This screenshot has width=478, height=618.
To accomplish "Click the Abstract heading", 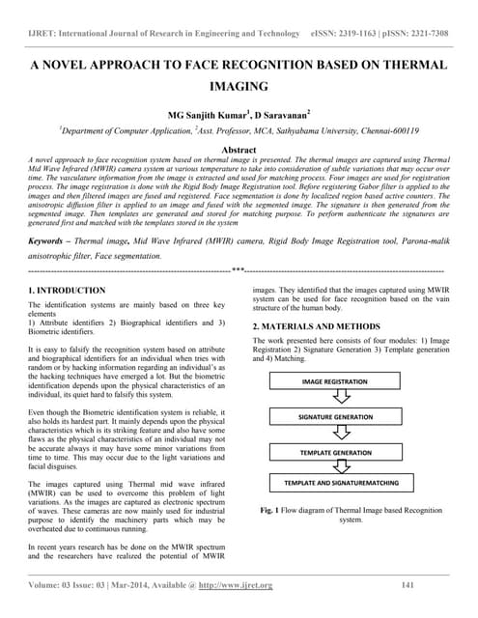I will (x=239, y=151).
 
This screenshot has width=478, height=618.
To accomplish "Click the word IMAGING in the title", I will (x=239, y=86).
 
